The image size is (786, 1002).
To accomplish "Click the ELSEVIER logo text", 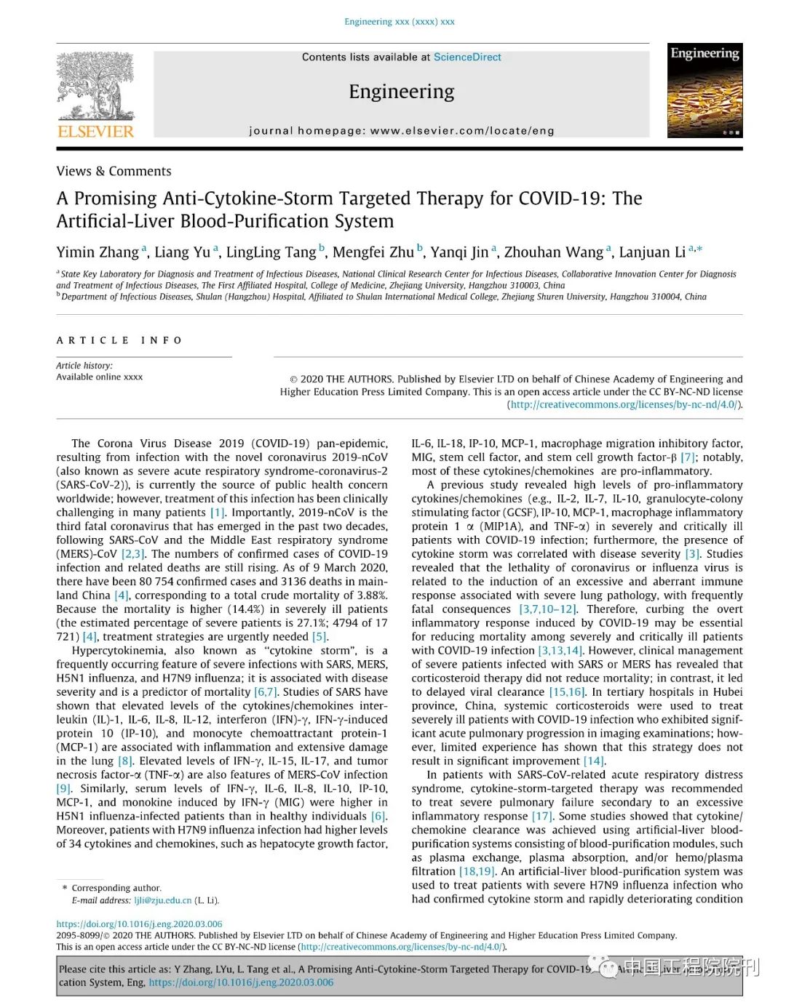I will click(x=95, y=132).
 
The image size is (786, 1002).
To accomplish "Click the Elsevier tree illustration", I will click(x=95, y=85).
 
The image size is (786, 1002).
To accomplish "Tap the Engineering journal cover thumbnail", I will click(x=704, y=90).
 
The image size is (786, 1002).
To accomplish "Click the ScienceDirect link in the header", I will click(x=467, y=57).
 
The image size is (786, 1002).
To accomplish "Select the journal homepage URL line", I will click(x=402, y=131).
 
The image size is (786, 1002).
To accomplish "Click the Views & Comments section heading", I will click(x=114, y=171).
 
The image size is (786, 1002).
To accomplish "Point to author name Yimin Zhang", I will click(x=98, y=252).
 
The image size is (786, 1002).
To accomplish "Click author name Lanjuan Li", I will click(x=652, y=252).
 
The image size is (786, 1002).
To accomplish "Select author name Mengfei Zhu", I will click(x=373, y=252).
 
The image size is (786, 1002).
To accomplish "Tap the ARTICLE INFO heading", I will click(x=119, y=340).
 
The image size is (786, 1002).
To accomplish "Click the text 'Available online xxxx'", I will click(x=100, y=377).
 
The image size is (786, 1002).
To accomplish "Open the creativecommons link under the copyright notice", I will click(x=624, y=404).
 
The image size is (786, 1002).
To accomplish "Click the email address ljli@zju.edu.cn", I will click(x=163, y=900).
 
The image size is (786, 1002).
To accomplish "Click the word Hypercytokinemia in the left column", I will click(x=118, y=650).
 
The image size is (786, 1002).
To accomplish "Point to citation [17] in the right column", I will click(x=541, y=816).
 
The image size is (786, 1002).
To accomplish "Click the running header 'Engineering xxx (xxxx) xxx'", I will click(x=400, y=22).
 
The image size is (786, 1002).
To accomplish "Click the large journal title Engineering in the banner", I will click(x=402, y=92).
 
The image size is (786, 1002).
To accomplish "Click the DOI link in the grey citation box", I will click(x=241, y=982).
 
